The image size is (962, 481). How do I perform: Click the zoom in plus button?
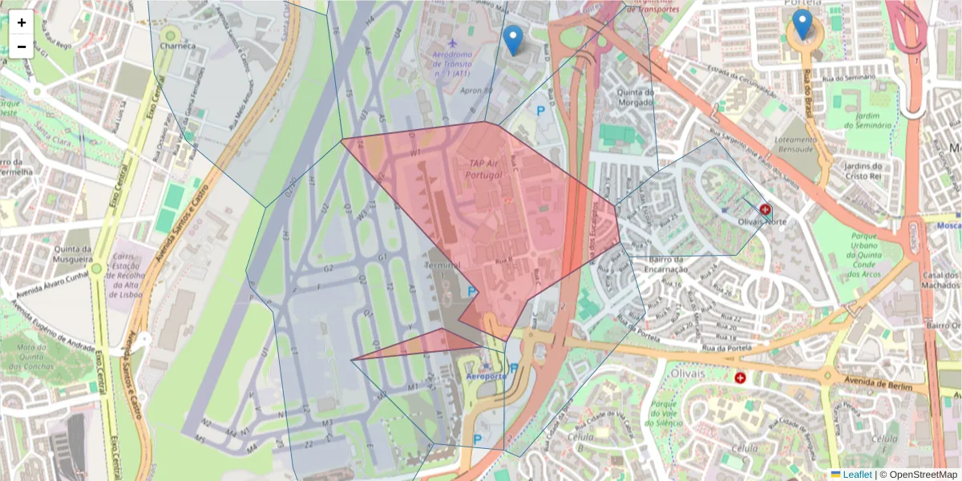coord(22,22)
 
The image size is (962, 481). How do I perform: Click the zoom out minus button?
coord(22,46)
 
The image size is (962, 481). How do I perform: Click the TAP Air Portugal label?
coord(486,169)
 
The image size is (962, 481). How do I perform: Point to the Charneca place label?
coord(177,46)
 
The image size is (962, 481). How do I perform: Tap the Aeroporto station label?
coord(486,376)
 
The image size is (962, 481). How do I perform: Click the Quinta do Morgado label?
coord(637,97)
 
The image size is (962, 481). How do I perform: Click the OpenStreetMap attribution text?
coord(920,475)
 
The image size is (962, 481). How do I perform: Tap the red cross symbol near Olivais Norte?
coord(766,211)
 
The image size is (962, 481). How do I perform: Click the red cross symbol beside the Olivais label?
coord(740,377)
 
